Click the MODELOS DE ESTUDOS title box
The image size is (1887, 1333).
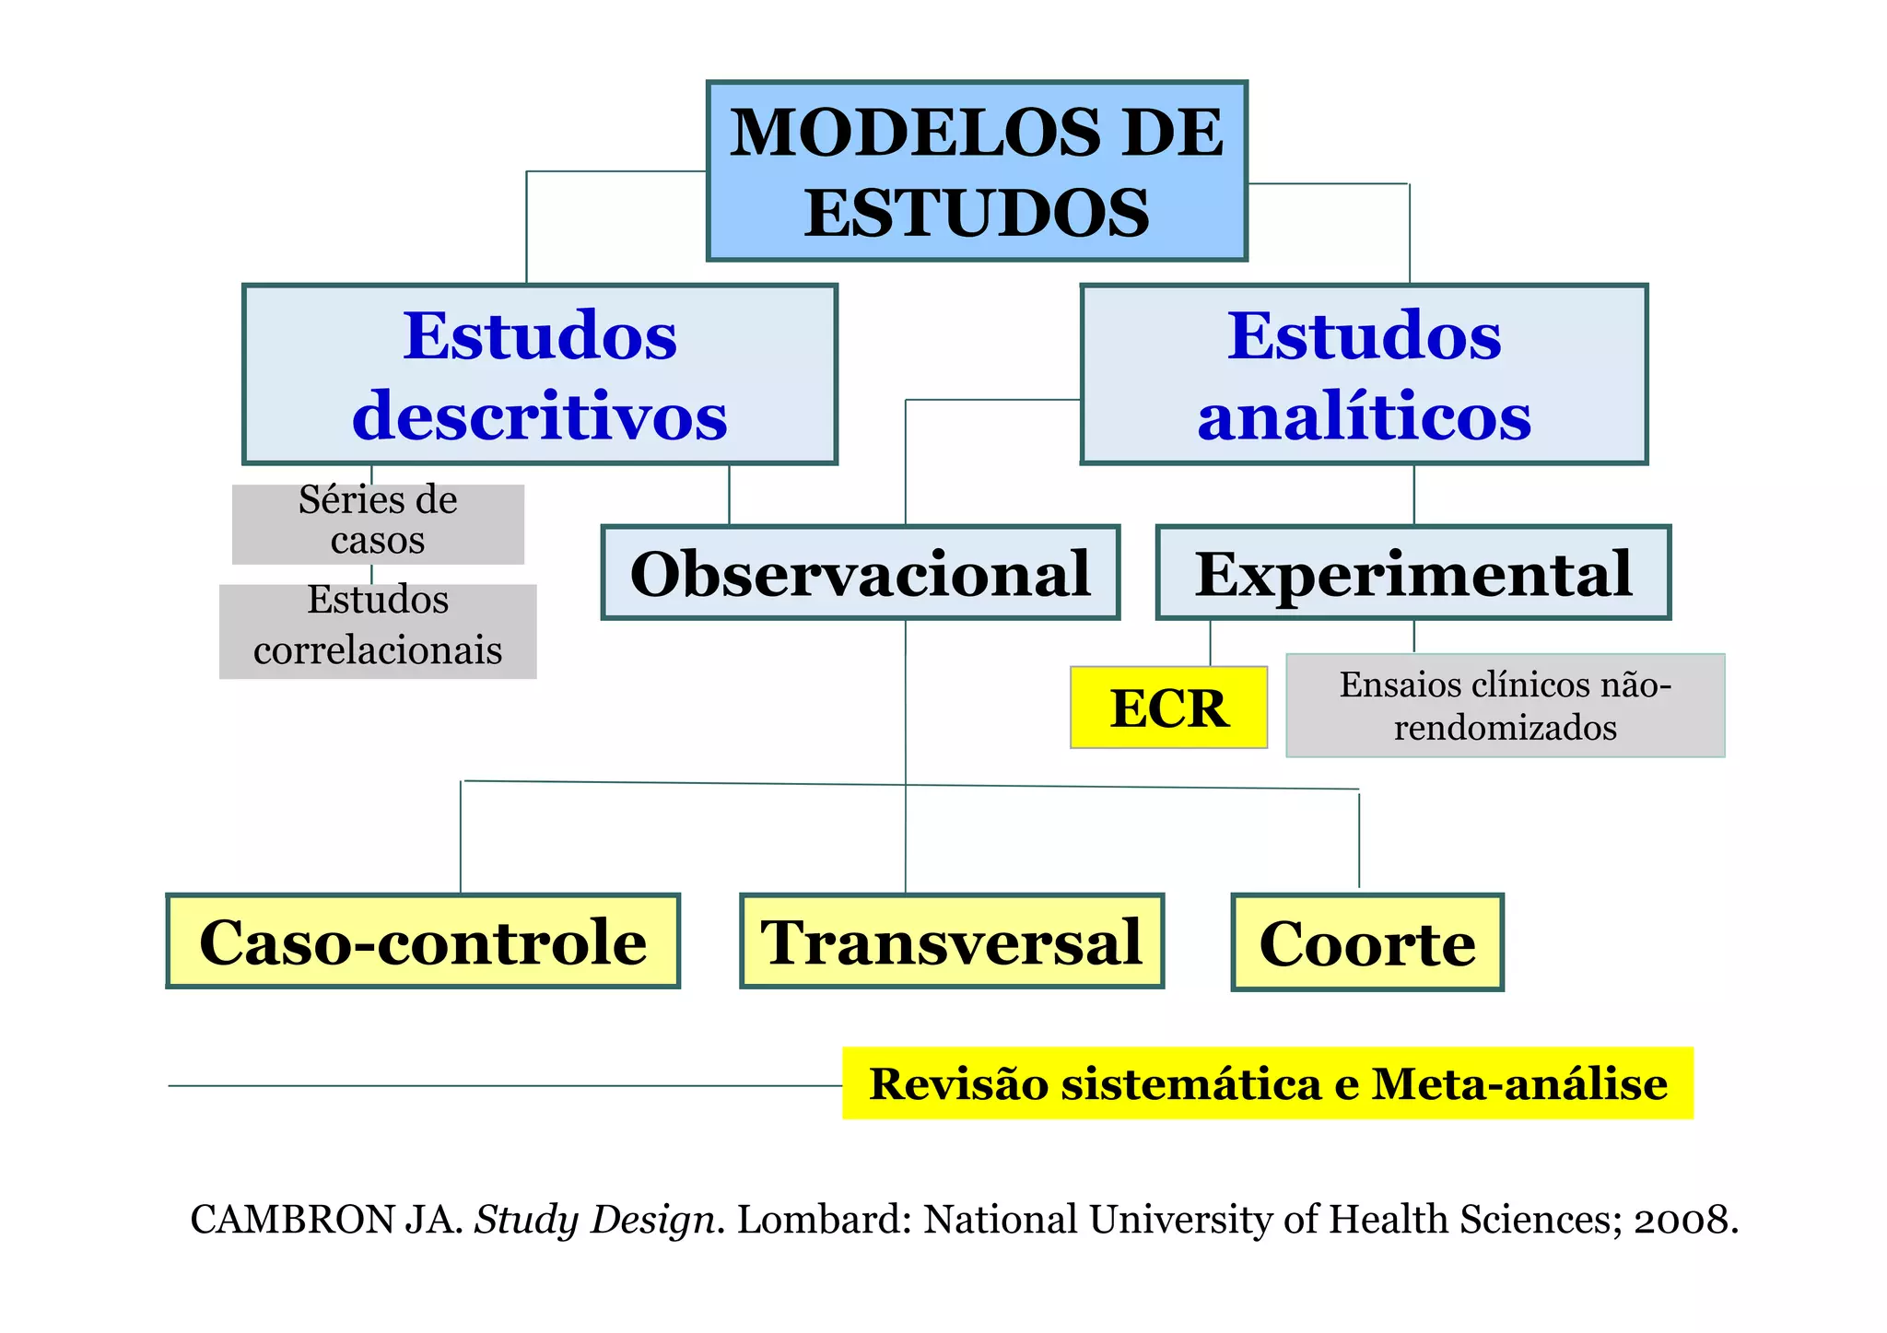(977, 171)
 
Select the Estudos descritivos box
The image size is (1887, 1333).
(540, 375)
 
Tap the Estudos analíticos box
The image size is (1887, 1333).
(1364, 375)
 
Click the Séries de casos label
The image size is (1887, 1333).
(378, 521)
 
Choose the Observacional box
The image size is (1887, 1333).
(861, 573)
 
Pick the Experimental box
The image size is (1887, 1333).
(1413, 573)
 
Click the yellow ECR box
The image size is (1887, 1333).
(1168, 707)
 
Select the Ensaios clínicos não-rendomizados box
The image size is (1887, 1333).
(1505, 706)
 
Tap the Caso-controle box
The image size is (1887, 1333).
(423, 941)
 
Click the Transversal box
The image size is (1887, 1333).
(952, 941)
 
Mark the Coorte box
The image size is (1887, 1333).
(1367, 942)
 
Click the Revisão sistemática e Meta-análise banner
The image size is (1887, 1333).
(1268, 1083)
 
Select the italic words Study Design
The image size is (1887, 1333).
(594, 1220)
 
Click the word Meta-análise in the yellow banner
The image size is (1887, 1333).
(1519, 1083)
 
